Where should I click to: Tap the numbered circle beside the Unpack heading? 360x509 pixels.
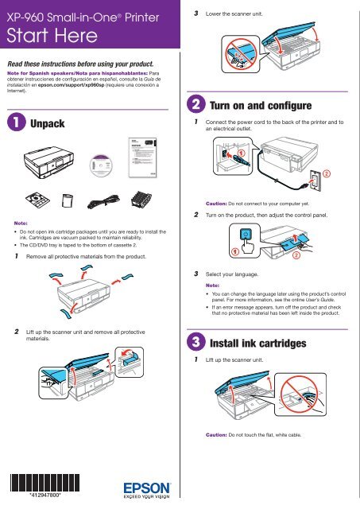point(15,124)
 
